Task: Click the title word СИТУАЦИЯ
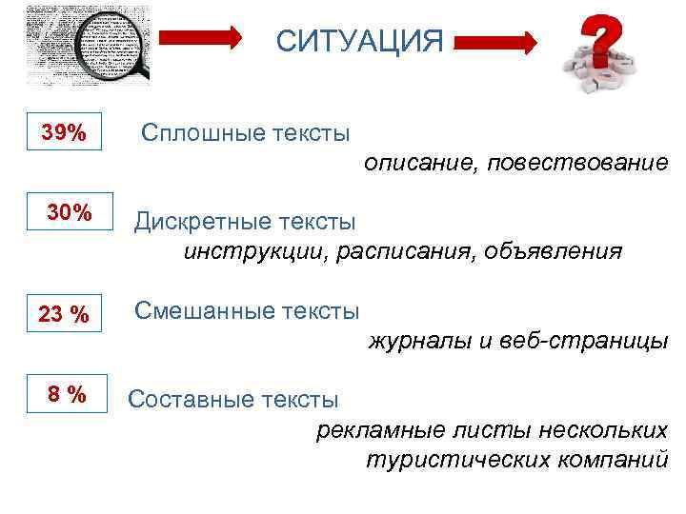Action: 359,42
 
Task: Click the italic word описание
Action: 417,164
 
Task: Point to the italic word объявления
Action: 553,252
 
